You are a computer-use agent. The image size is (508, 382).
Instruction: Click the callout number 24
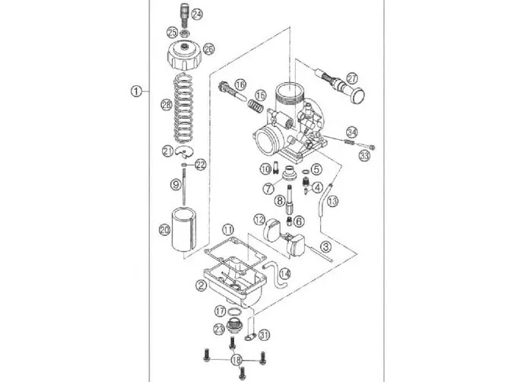(196, 14)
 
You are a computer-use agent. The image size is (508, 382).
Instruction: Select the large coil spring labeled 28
(184, 108)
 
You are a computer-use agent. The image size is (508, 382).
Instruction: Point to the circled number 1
(136, 91)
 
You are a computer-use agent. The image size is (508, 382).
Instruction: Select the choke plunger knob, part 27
(340, 85)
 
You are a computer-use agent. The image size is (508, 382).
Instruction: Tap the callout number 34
(352, 132)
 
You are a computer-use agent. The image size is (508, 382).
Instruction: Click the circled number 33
(364, 156)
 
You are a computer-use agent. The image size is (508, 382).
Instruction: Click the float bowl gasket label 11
(227, 230)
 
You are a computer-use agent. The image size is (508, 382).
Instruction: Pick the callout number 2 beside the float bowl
(201, 285)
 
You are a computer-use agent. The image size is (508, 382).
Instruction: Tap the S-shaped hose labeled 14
(275, 275)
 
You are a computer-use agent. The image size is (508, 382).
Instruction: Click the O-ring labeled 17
(235, 312)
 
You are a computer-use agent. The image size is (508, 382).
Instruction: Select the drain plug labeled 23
(233, 326)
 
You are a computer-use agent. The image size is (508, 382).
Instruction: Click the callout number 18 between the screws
(237, 360)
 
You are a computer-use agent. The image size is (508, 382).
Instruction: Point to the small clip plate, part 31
(250, 338)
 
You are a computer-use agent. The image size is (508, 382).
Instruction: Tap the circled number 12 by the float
(259, 220)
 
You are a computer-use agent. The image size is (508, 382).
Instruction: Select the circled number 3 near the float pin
(326, 247)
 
